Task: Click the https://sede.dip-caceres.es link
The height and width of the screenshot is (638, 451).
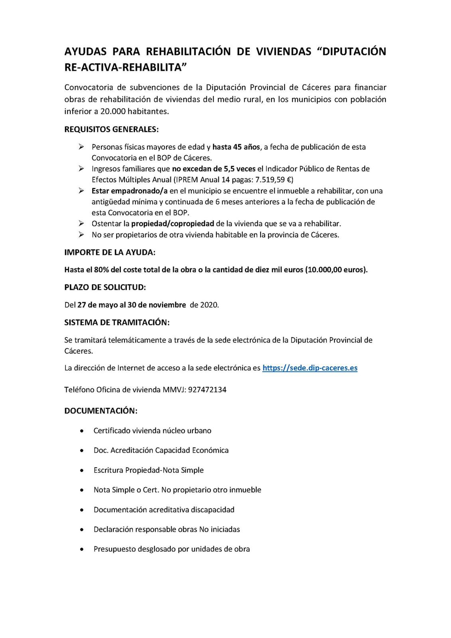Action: point(310,368)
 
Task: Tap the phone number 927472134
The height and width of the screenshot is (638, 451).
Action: point(207,390)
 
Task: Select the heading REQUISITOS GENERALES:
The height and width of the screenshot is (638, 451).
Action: point(111,130)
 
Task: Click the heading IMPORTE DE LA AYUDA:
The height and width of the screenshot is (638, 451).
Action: point(110,252)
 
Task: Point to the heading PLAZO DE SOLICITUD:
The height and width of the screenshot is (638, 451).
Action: point(105,287)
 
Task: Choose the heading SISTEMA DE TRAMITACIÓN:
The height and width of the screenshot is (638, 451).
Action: point(117,322)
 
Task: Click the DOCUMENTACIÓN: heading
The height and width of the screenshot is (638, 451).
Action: point(101,411)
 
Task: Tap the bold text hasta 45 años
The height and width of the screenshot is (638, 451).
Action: point(236,147)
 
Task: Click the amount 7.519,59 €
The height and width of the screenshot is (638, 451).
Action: point(275,179)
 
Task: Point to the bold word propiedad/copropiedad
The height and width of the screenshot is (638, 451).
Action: point(173,223)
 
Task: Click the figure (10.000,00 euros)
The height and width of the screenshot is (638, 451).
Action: point(336,270)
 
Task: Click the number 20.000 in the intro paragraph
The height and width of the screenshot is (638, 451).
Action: point(112,111)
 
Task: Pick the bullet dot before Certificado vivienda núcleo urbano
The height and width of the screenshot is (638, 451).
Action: point(82,431)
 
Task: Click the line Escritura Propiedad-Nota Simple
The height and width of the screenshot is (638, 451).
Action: point(148,470)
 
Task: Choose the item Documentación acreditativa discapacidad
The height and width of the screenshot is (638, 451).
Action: point(164,510)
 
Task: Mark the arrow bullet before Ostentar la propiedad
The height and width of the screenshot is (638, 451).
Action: point(81,223)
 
